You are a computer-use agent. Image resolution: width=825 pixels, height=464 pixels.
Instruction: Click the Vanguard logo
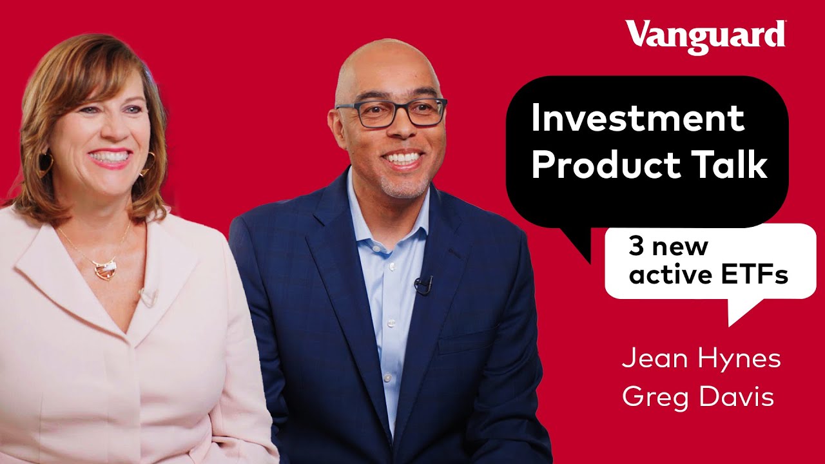coord(705,35)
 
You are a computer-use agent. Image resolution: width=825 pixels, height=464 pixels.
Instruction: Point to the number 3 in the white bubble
coord(635,247)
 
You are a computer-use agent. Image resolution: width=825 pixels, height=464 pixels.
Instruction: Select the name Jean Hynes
coord(701,360)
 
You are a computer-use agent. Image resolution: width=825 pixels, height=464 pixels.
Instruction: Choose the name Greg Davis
coord(698,397)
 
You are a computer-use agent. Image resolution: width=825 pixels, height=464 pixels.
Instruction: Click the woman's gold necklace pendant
coord(104,267)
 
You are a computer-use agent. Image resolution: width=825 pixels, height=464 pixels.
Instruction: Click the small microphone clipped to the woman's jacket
coord(148,297)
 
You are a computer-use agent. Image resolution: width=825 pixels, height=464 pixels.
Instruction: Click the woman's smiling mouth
coord(110,157)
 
